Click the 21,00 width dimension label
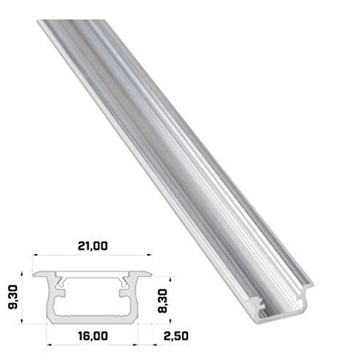pyautogui.click(x=93, y=246)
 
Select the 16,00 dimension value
pyautogui.click(x=93, y=336)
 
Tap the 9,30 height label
pyautogui.click(x=13, y=297)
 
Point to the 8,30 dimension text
pyautogui.click(x=163, y=301)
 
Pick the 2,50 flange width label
pyautogui.click(x=176, y=336)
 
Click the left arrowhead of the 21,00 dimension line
pyautogui.click(x=35, y=255)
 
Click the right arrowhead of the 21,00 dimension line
pyautogui.click(x=149, y=255)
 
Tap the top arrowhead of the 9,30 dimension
pyautogui.click(x=22, y=274)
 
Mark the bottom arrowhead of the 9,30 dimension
pyautogui.click(x=22, y=321)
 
